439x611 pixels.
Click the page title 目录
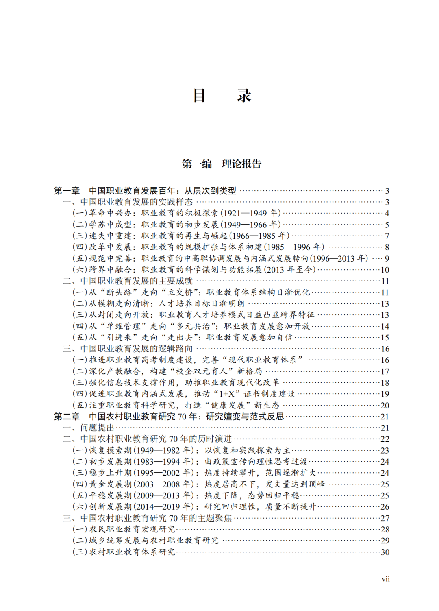click(x=222, y=96)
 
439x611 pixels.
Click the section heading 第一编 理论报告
click(x=222, y=164)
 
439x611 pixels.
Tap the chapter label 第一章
click(x=67, y=191)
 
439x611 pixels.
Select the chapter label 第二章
click(x=67, y=417)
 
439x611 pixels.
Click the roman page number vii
click(x=385, y=579)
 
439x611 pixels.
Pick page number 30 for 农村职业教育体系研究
click(x=385, y=552)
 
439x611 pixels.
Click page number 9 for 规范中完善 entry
click(x=387, y=259)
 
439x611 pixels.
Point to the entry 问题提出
click(x=97, y=428)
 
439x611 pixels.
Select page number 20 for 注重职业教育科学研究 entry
click(x=385, y=405)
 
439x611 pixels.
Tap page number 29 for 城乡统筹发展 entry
click(x=385, y=541)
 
